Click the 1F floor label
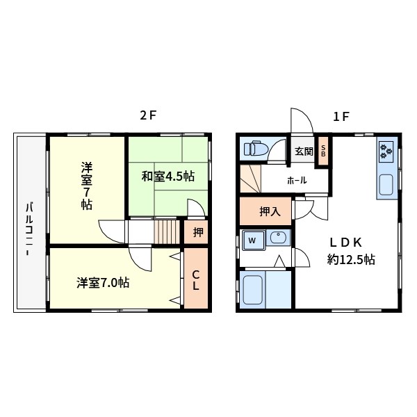click(x=341, y=117)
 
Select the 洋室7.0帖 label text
click(x=102, y=282)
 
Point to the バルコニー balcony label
click(x=29, y=229)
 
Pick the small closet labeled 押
click(x=198, y=232)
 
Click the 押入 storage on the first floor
click(x=265, y=211)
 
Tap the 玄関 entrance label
click(x=303, y=152)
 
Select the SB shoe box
click(x=323, y=152)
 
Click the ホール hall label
click(x=297, y=181)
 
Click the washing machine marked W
click(x=252, y=240)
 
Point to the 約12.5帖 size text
click(x=351, y=260)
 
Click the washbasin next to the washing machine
click(x=278, y=239)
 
